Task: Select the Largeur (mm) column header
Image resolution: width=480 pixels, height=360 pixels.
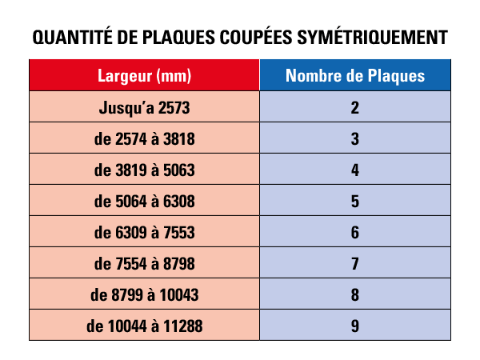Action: click(x=145, y=77)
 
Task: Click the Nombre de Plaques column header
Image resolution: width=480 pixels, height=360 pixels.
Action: click(x=355, y=77)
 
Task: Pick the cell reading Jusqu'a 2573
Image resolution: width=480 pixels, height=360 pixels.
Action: click(x=145, y=107)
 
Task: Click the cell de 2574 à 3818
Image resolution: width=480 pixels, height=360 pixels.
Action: click(x=145, y=138)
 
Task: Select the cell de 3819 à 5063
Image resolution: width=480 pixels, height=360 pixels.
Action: click(x=145, y=170)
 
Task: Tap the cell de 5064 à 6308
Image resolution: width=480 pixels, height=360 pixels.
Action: click(x=145, y=201)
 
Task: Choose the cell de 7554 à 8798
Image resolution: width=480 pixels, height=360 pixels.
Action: click(x=145, y=263)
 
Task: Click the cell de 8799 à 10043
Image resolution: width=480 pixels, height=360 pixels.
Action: click(x=145, y=294)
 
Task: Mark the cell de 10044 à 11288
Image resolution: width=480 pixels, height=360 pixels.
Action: click(x=145, y=326)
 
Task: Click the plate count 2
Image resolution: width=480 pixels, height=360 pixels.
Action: click(x=355, y=107)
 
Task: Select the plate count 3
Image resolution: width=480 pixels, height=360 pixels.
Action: click(x=355, y=138)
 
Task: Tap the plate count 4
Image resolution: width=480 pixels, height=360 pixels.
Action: click(x=355, y=170)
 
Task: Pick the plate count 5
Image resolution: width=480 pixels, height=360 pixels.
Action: click(x=355, y=201)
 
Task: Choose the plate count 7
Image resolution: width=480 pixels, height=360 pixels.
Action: click(x=355, y=263)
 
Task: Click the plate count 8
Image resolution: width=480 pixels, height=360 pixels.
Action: click(x=355, y=294)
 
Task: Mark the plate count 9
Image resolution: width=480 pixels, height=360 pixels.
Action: click(x=355, y=326)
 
